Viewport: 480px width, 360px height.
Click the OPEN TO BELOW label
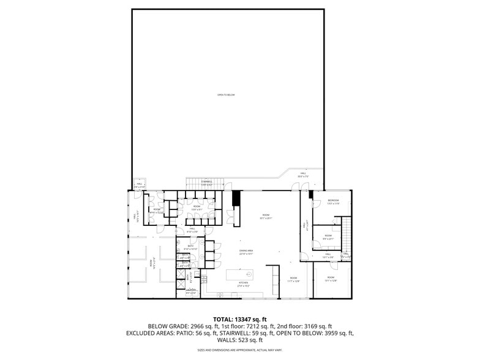coord(226,95)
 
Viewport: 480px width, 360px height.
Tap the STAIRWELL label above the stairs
coord(206,181)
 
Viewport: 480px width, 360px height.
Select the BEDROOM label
coord(333,201)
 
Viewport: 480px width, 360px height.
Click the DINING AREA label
coord(246,251)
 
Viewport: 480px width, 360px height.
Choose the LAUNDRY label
coord(192,290)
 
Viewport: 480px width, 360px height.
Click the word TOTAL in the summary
coord(223,319)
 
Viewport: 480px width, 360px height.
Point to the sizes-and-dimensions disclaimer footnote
coord(240,350)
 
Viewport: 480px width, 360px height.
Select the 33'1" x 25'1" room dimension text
coord(266,218)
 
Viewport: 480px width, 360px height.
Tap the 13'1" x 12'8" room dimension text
coord(331,281)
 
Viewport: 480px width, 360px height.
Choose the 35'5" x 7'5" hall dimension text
coord(303,176)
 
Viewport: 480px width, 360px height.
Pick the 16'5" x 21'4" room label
coord(151,263)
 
